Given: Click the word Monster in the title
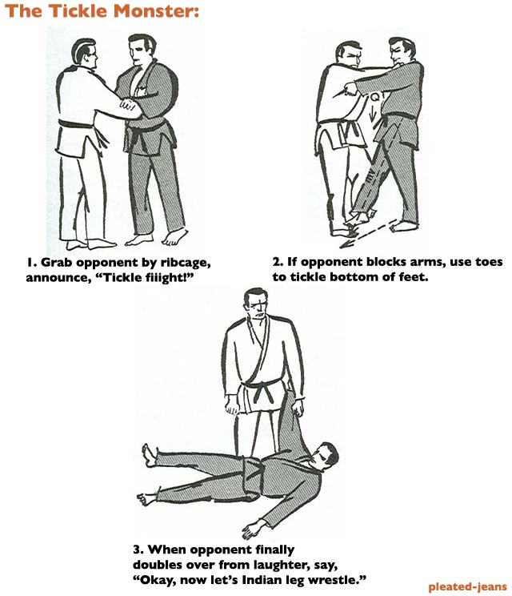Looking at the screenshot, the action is (156, 10).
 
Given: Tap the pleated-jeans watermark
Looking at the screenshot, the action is (467, 586).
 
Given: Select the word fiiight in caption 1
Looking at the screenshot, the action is (166, 277).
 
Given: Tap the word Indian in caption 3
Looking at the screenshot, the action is (262, 580).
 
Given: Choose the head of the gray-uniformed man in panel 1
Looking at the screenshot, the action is (141, 50).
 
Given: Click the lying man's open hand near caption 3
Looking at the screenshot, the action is (252, 529).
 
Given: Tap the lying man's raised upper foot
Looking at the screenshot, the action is (150, 454).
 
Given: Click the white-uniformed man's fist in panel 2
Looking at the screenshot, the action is (350, 89).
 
